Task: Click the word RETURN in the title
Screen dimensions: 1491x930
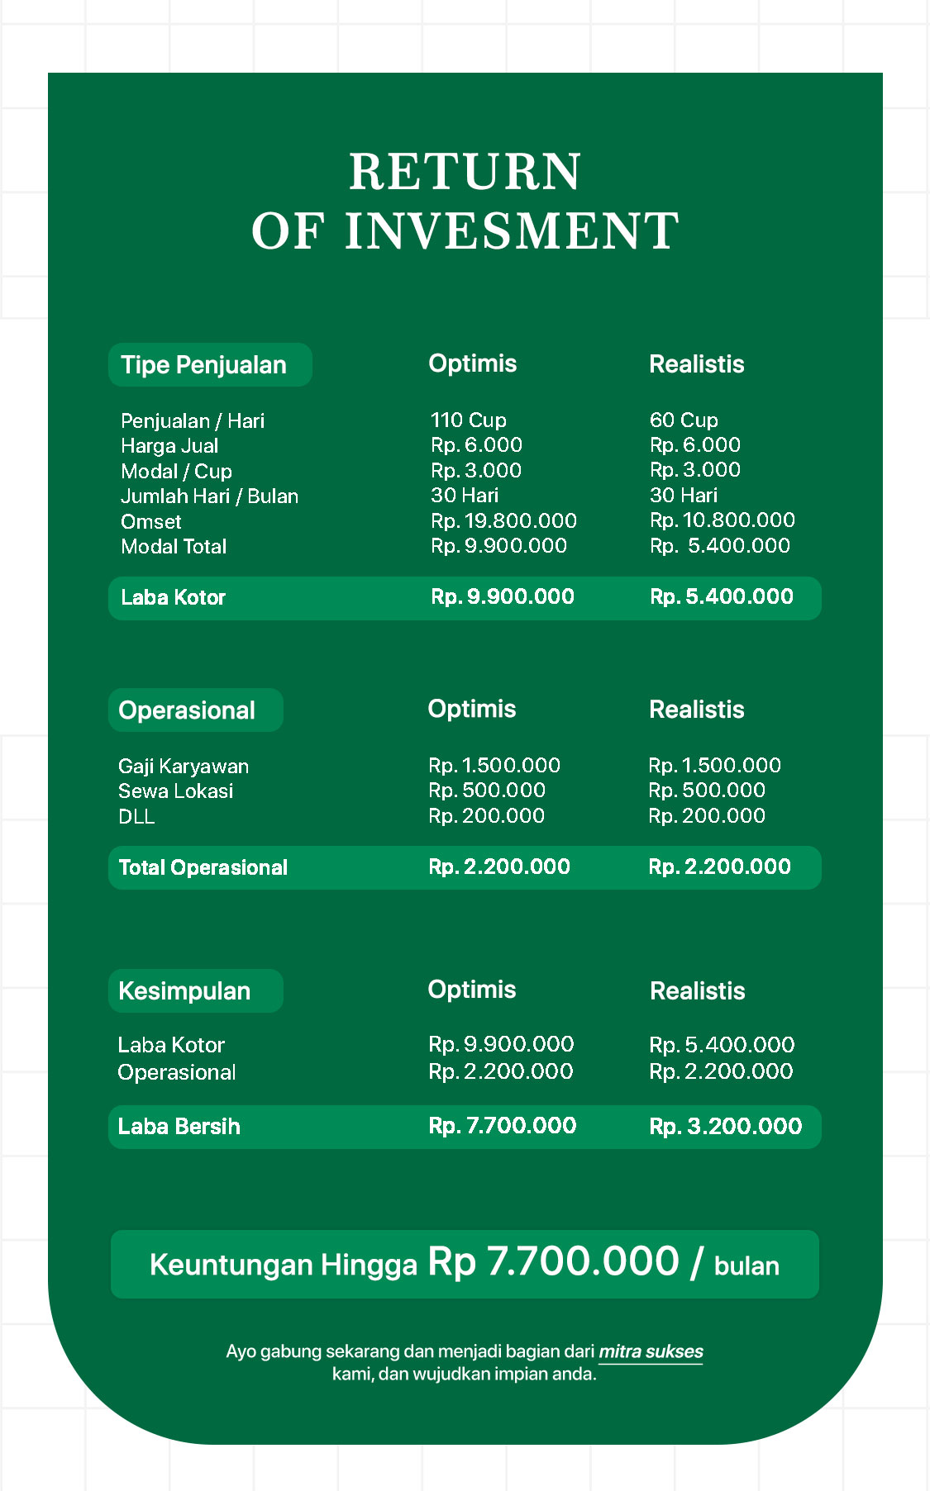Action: click(465, 172)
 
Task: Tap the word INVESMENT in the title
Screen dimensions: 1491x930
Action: click(512, 231)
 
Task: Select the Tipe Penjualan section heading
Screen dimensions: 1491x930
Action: click(203, 365)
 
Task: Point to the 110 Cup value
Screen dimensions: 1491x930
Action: click(468, 420)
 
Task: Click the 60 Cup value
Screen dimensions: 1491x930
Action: click(684, 420)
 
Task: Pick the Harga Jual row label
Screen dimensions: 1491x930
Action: click(169, 446)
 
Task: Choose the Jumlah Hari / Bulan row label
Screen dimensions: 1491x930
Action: click(209, 496)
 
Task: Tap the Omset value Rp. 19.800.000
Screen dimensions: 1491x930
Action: click(503, 521)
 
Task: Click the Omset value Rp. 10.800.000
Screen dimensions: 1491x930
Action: click(722, 520)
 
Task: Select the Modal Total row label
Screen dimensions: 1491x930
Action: click(174, 547)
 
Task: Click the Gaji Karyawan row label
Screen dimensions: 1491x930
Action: click(184, 767)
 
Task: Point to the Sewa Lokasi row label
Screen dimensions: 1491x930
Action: click(175, 791)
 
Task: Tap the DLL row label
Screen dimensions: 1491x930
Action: click(136, 817)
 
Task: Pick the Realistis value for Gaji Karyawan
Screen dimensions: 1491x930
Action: click(714, 766)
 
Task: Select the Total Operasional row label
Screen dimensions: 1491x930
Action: click(203, 867)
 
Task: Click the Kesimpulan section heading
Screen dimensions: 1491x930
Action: click(184, 991)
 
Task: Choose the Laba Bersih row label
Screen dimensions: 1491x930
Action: click(179, 1127)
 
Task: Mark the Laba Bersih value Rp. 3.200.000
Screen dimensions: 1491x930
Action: click(725, 1127)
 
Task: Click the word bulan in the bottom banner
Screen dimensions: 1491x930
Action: click(746, 1266)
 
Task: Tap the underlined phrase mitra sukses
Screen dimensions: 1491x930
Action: click(651, 1352)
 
